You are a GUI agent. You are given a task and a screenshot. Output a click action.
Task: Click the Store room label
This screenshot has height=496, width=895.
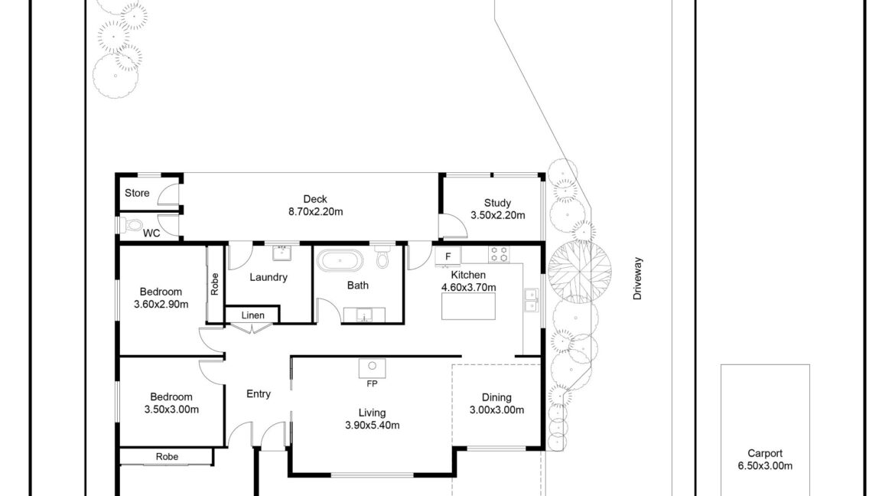tap(137, 193)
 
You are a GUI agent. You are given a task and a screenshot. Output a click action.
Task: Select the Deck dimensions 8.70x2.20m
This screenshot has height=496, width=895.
tap(316, 212)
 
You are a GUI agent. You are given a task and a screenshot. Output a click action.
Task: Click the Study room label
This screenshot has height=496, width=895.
tap(497, 203)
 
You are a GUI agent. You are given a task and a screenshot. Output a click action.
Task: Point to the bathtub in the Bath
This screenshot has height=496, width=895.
tap(340, 260)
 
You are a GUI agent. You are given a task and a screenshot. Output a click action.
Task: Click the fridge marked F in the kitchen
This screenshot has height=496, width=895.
tap(448, 256)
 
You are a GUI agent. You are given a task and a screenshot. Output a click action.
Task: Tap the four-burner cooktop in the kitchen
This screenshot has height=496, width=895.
tap(498, 254)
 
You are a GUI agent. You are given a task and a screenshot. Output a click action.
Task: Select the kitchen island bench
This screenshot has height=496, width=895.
tap(468, 305)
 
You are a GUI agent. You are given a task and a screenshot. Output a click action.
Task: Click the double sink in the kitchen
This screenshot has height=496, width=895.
tap(532, 301)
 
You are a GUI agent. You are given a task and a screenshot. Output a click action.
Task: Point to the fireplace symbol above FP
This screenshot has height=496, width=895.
tap(373, 368)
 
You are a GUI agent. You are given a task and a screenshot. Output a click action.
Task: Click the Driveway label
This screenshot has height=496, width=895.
tap(637, 279)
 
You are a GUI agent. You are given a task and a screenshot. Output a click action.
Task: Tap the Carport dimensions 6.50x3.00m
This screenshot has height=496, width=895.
tap(765, 465)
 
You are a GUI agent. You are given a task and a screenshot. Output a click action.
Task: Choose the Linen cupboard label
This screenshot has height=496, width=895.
tap(253, 315)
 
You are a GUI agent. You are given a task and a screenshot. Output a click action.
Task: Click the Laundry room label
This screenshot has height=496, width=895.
tap(268, 278)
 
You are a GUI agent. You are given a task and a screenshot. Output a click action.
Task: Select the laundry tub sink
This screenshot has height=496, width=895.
tap(282, 253)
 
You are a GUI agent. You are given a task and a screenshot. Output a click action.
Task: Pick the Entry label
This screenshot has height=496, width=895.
tap(259, 393)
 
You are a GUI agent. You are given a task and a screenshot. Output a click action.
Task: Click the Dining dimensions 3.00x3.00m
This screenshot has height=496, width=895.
tap(496, 410)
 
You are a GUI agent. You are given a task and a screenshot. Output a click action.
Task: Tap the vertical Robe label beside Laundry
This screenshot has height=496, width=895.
tap(215, 284)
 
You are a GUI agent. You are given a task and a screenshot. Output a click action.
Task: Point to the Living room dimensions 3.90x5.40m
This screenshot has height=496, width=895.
tap(373, 425)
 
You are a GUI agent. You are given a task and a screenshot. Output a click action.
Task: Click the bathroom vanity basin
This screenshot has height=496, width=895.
tap(364, 315)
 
